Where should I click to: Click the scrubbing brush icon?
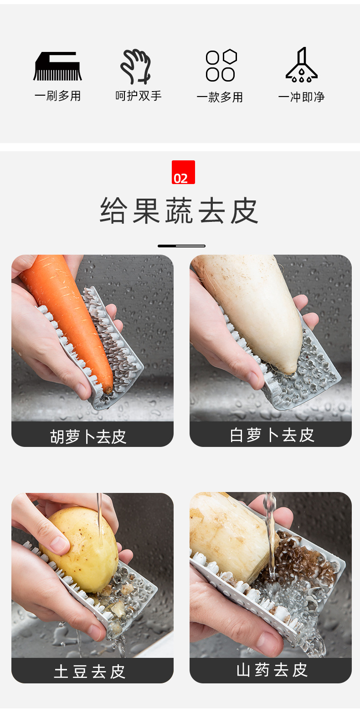coord(57,67)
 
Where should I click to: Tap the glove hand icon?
coord(136,67)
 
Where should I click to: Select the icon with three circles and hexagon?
coord(221,66)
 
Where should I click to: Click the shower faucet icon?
coord(301,66)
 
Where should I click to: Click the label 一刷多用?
coord(57,96)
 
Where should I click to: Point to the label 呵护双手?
coord(139,96)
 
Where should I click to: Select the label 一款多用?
coord(220,97)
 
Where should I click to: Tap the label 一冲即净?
coord(301,97)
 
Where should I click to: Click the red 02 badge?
coord(183,172)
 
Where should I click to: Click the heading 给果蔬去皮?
coord(180,211)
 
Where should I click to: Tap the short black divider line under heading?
coord(181,246)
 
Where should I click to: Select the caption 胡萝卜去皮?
coord(88,436)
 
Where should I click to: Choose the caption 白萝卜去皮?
coord(272,435)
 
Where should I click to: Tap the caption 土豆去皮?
coord(90,672)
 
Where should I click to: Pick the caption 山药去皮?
coord(272,670)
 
